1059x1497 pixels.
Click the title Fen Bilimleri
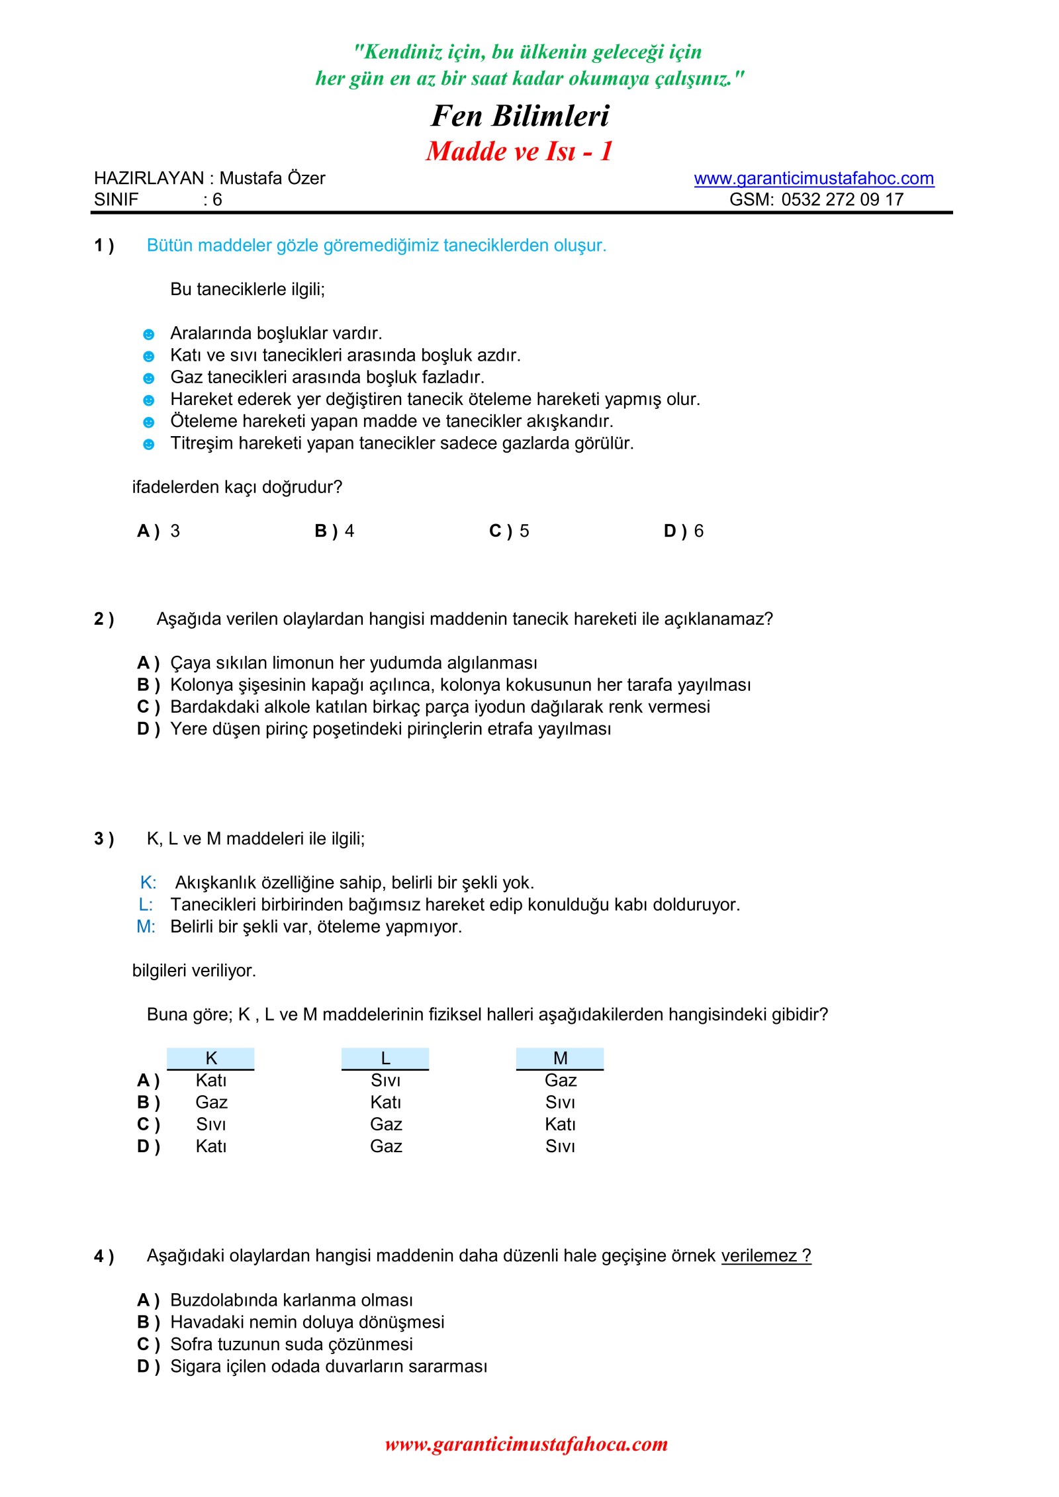click(520, 116)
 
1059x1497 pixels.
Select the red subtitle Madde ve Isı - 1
click(520, 152)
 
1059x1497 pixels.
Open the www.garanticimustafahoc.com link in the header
click(813, 179)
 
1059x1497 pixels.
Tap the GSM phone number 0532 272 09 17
click(842, 200)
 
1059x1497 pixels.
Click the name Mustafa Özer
click(272, 179)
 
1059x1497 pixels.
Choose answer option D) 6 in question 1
click(684, 531)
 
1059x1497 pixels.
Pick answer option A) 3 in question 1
click(159, 531)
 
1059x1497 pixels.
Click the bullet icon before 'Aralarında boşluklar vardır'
click(149, 335)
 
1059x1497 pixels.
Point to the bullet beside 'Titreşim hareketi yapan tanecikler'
click(149, 445)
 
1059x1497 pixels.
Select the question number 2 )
click(104, 619)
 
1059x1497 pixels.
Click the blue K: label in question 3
click(148, 883)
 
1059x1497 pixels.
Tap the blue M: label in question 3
click(146, 927)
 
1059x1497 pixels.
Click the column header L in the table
click(385, 1058)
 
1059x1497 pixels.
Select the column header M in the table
click(560, 1058)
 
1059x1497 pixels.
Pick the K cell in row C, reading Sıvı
click(211, 1124)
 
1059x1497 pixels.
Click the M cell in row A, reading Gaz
click(561, 1081)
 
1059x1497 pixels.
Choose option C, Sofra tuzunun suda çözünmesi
click(291, 1344)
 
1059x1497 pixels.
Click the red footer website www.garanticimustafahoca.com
click(526, 1444)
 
